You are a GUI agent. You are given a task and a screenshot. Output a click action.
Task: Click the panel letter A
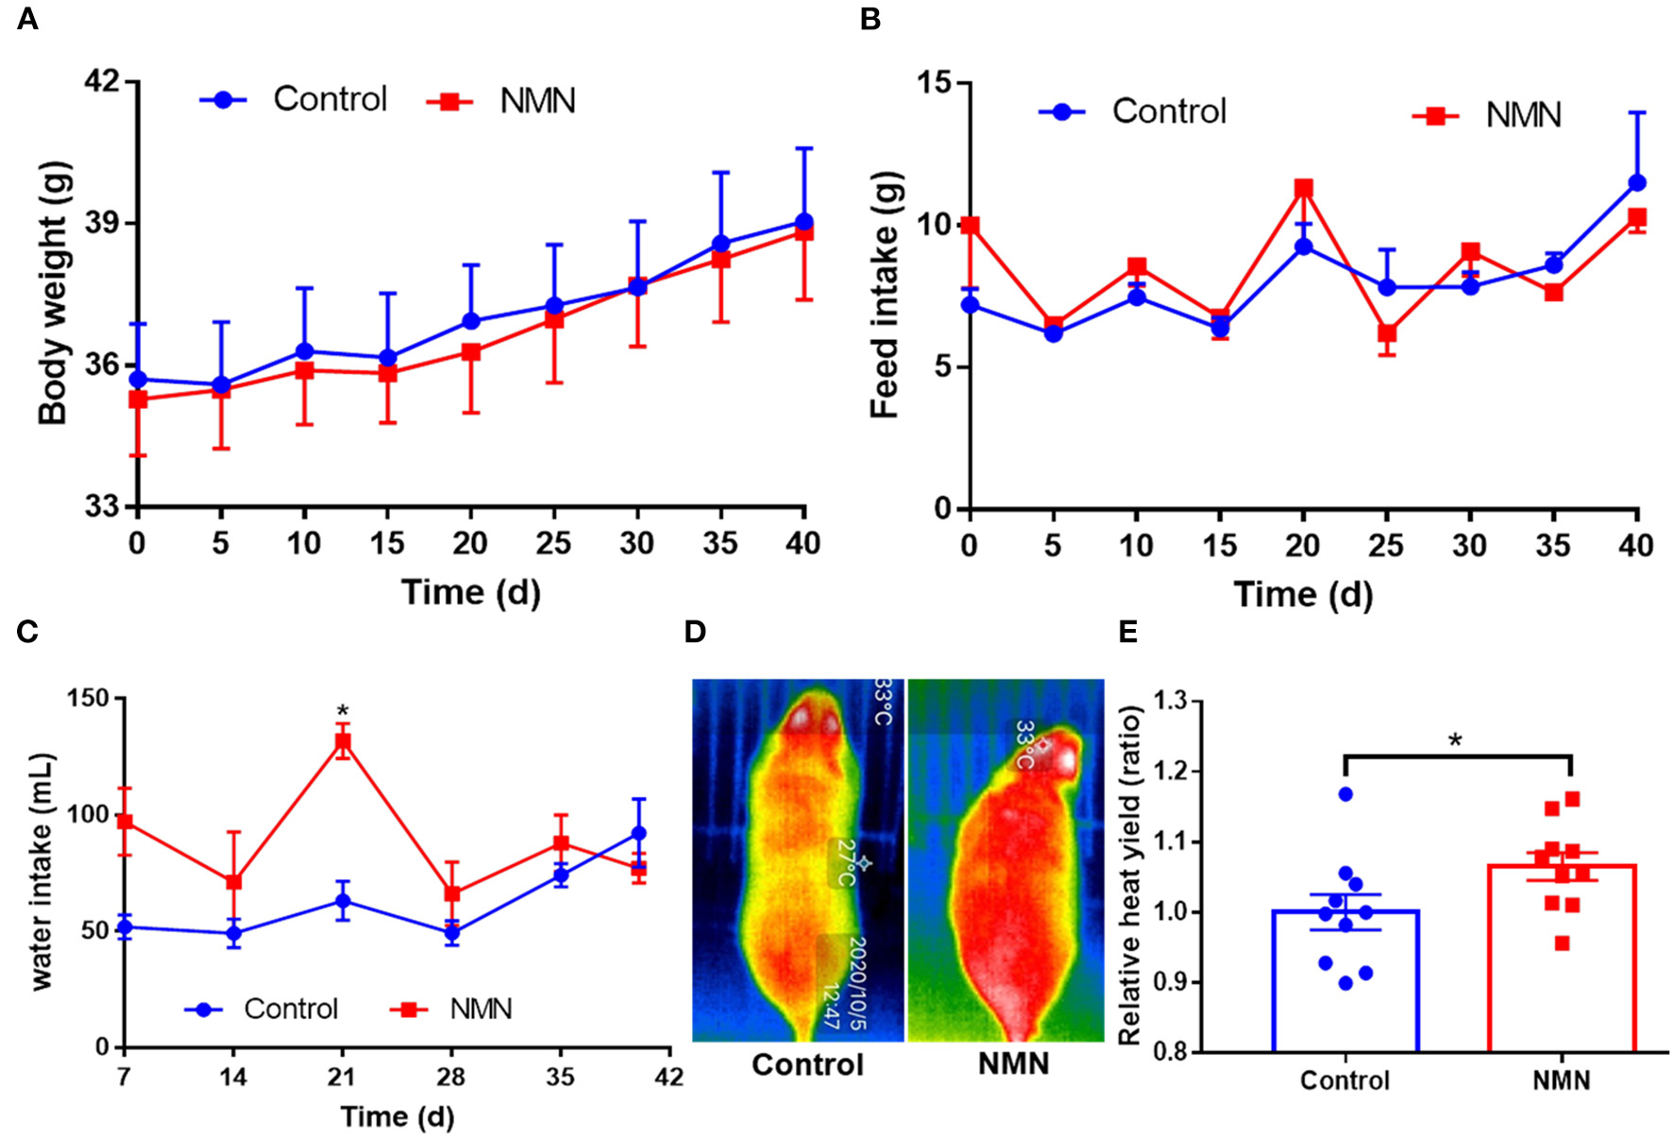[x=27, y=19]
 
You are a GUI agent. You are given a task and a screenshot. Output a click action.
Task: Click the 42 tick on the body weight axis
[x=103, y=82]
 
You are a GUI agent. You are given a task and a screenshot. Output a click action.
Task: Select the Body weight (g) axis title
[x=54, y=294]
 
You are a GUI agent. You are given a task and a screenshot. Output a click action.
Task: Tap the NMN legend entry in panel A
[x=536, y=101]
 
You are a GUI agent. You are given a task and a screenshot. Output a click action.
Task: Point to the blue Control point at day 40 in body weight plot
[x=803, y=223]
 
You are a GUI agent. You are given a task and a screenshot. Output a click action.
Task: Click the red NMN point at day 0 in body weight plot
[x=138, y=399]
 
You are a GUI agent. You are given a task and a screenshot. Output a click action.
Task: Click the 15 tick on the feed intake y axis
[x=935, y=83]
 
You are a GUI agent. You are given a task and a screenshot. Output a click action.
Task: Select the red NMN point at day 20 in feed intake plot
[x=1304, y=188]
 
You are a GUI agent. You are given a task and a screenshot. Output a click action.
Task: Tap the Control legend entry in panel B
[x=1168, y=111]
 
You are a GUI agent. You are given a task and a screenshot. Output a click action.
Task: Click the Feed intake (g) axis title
[x=886, y=294]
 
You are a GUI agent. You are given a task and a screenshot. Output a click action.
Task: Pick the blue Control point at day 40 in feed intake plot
[x=1637, y=183]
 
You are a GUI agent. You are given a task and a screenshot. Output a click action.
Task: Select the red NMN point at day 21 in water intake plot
[x=343, y=741]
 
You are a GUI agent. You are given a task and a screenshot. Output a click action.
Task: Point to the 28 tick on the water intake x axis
[x=451, y=1077]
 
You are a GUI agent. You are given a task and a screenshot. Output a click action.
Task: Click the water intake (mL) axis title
[x=42, y=871]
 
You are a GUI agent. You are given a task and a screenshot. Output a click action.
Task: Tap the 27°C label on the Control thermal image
[x=845, y=862]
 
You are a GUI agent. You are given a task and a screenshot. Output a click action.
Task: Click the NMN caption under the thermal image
[x=1013, y=1064]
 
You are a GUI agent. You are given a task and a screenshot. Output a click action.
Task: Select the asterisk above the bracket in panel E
[x=1455, y=740]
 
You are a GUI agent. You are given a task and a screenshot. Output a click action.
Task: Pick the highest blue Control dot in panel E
[x=1345, y=794]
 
